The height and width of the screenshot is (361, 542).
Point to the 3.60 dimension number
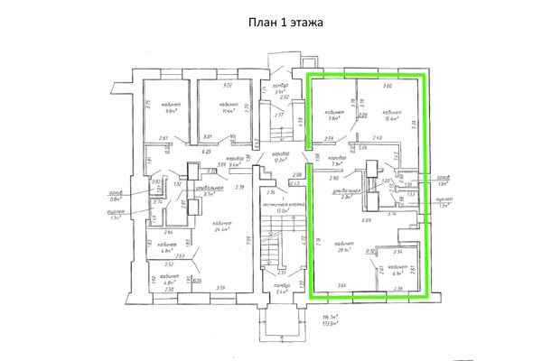click(x=387, y=86)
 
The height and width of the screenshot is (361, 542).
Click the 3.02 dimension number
click(x=228, y=85)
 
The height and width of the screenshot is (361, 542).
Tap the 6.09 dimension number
click(x=367, y=220)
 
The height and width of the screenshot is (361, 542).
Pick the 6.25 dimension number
click(x=206, y=152)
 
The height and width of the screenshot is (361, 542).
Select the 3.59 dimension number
click(x=219, y=289)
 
